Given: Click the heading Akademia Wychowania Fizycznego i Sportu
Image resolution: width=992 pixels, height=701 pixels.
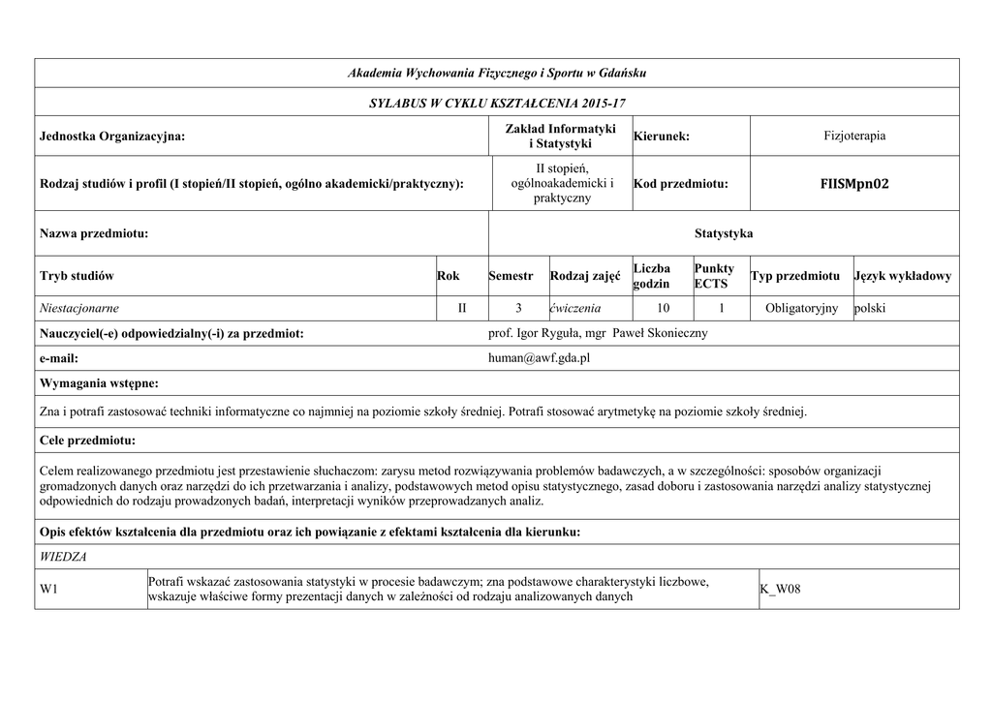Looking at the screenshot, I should click(x=497, y=74).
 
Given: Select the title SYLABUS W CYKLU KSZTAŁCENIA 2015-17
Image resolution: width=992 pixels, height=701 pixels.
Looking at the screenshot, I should click(x=497, y=102).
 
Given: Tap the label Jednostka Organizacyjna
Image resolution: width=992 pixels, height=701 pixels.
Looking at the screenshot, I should click(x=112, y=137).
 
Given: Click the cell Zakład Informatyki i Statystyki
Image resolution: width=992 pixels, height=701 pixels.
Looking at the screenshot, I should click(x=561, y=137).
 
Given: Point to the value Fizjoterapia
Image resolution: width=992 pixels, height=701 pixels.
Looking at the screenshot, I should click(x=854, y=137).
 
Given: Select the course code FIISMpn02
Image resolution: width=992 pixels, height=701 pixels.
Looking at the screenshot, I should click(x=853, y=183).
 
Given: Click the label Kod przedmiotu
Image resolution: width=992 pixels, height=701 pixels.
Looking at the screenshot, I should click(x=680, y=184).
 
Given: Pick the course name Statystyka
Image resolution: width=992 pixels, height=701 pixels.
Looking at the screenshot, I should click(x=724, y=233).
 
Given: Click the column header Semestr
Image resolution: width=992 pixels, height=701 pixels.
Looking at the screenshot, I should click(x=511, y=276).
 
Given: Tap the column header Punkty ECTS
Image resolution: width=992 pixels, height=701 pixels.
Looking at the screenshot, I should click(x=714, y=276).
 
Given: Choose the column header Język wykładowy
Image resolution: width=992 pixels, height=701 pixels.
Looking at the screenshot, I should click(x=903, y=276).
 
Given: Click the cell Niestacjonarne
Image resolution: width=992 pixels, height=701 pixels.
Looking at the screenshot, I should click(x=79, y=308).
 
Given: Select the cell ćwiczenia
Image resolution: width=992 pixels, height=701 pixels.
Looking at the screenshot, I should click(x=575, y=308).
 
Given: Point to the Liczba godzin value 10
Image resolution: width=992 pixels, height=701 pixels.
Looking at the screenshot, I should click(x=662, y=308).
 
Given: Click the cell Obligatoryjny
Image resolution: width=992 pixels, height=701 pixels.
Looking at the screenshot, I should click(x=801, y=308).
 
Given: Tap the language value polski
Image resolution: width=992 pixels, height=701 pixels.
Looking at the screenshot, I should click(x=870, y=308).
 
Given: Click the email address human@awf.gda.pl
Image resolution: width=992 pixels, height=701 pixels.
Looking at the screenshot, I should click(x=540, y=358).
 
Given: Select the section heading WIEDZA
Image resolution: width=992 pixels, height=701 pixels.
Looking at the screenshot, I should click(x=63, y=557).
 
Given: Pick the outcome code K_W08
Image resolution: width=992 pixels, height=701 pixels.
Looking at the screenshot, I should click(x=781, y=589).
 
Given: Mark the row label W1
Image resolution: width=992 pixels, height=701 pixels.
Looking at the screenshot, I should click(x=49, y=589).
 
